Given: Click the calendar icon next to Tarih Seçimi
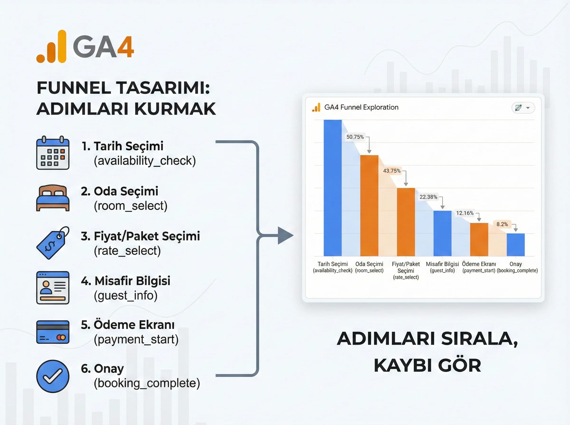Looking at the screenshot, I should pos(53,153).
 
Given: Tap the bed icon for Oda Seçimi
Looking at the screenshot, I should pos(53,198).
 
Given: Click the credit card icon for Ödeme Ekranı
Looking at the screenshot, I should pos(53,332).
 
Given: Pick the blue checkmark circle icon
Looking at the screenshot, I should pos(53,376).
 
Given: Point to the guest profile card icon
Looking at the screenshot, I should pos(53,288).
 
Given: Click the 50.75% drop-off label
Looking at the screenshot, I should pos(355,137).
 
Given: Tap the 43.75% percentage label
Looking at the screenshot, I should pos(391,171).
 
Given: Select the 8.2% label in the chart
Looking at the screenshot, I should pos(502,224).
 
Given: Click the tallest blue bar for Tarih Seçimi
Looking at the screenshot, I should pos(332,188).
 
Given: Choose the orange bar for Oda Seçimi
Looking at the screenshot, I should pos(369,206).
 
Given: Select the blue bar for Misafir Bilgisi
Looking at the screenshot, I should pos(442,233).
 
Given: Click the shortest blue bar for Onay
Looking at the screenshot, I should pos(515,245).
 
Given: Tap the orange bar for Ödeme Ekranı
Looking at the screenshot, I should pos(479,240).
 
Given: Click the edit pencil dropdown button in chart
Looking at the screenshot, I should pos(523,108).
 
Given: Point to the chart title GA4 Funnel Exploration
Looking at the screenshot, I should pos(361,107).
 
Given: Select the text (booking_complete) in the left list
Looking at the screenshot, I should pos(147,383).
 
